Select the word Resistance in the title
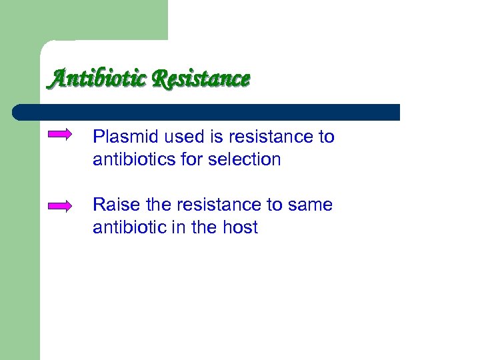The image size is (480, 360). [x=201, y=79]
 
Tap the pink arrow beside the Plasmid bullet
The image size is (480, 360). [x=60, y=135]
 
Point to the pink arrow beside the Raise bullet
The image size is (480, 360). [x=60, y=206]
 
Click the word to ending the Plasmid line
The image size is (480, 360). [x=327, y=137]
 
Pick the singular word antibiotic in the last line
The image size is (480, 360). [x=125, y=227]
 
